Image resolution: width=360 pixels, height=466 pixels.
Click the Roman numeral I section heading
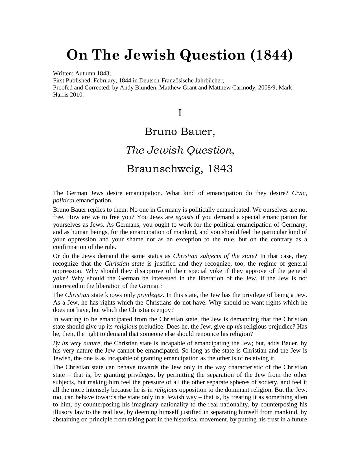(x=180, y=113)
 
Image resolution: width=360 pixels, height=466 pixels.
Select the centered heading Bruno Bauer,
(x=180, y=132)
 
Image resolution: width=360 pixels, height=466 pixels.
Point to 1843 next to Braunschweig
(x=220, y=169)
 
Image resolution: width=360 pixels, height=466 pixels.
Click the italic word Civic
(x=299, y=193)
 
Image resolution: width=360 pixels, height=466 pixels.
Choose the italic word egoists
(x=184, y=217)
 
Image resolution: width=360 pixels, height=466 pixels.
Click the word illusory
(x=64, y=412)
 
